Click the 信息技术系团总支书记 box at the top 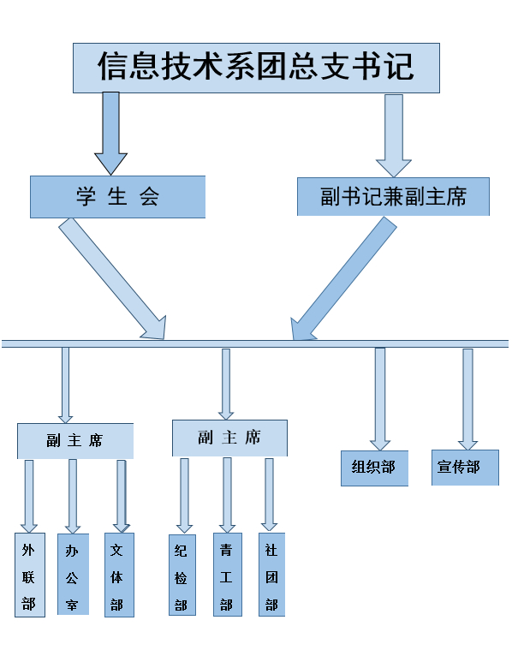(x=256, y=67)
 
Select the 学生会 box (x=118, y=197)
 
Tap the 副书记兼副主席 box (x=393, y=197)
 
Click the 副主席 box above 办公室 (x=75, y=440)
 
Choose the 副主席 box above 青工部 (x=229, y=438)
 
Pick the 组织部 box (x=374, y=468)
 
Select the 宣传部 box (x=465, y=468)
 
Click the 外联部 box (x=30, y=575)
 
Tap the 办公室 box (x=73, y=575)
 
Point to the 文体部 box (x=119, y=575)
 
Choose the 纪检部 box (x=182, y=575)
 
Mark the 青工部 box (x=227, y=575)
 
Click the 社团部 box (x=271, y=575)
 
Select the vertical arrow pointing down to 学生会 (x=110, y=133)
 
